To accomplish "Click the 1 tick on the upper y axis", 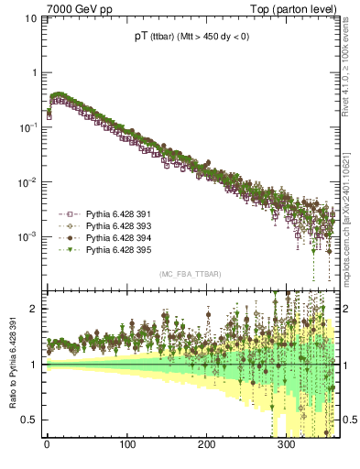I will pyautogui.click(x=34, y=72).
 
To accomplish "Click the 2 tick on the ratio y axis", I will pyautogui.click(x=34, y=309).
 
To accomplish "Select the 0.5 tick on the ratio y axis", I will pyautogui.click(x=30, y=420).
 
